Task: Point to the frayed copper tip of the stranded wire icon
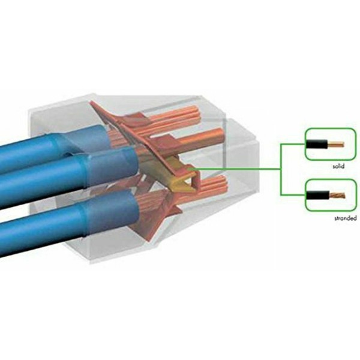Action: (x=337, y=196)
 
